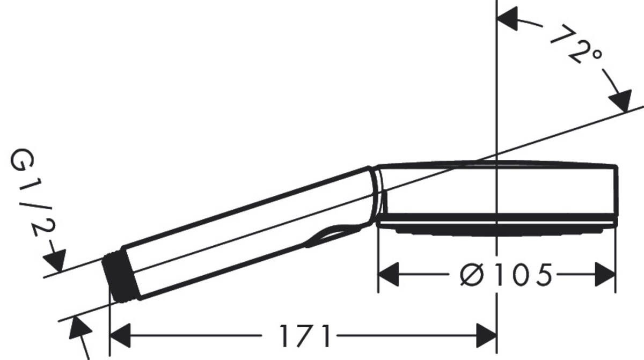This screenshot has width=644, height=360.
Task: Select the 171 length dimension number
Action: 305,336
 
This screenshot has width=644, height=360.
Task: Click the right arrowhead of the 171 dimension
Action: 486,336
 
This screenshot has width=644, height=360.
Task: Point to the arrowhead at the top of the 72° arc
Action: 508,19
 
